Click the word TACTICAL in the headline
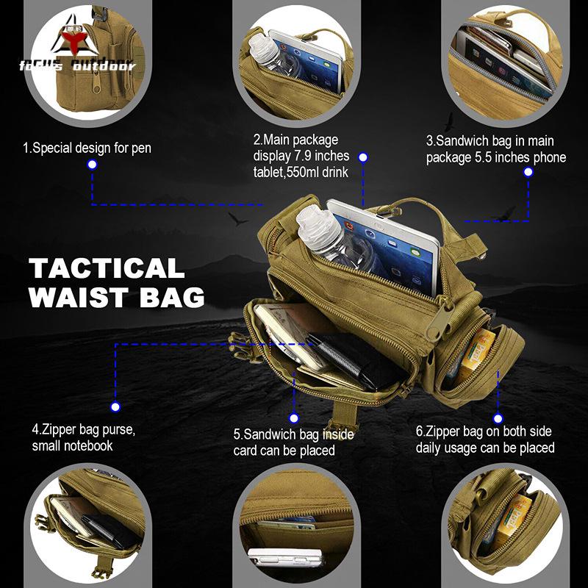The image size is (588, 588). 107,268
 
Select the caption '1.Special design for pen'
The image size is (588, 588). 87,148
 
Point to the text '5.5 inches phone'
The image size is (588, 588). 518,157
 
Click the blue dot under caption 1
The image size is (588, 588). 92,165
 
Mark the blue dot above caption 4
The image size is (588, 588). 115,406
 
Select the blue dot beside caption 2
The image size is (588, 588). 363,157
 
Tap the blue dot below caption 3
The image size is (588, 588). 528,172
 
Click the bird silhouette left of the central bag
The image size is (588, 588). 237,218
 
